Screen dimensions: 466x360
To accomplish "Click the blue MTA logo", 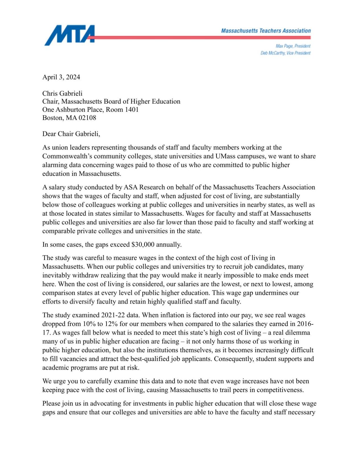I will click(69, 35).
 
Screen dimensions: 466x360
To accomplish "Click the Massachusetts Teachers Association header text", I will click(266, 31).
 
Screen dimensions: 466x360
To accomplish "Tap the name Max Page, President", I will click(293, 46).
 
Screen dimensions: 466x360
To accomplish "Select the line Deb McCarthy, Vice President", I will click(285, 53).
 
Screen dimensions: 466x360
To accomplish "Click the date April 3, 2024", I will click(61, 77).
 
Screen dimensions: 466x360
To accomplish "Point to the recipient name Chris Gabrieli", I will click(62, 93).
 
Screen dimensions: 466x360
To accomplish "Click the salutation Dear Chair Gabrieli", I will click(71, 134).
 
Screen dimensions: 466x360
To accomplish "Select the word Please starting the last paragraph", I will click(51, 403).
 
